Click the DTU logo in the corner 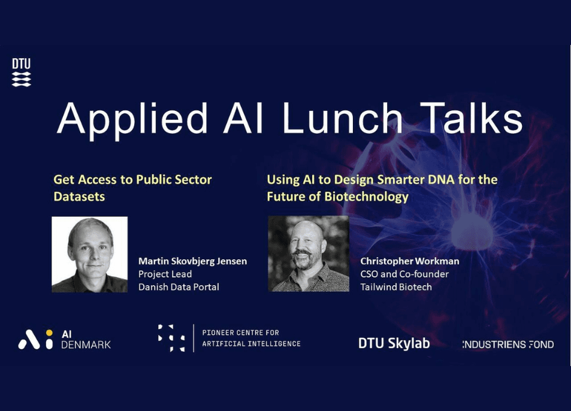click(22, 72)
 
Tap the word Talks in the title click(471, 117)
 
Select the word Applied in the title click(132, 120)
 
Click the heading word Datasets click(79, 197)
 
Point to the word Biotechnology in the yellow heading click(366, 197)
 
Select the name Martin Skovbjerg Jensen click(193, 261)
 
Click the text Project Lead click(165, 274)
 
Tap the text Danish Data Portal click(179, 287)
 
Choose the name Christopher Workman click(410, 261)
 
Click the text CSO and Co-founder click(404, 274)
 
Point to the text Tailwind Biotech click(396, 287)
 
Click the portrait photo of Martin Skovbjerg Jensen click(90, 255)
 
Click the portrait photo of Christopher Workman click(309, 254)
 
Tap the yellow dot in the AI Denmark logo click(49, 333)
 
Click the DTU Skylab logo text click(394, 343)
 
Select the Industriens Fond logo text click(508, 344)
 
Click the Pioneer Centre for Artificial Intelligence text click(251, 338)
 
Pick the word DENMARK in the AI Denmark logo click(86, 344)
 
